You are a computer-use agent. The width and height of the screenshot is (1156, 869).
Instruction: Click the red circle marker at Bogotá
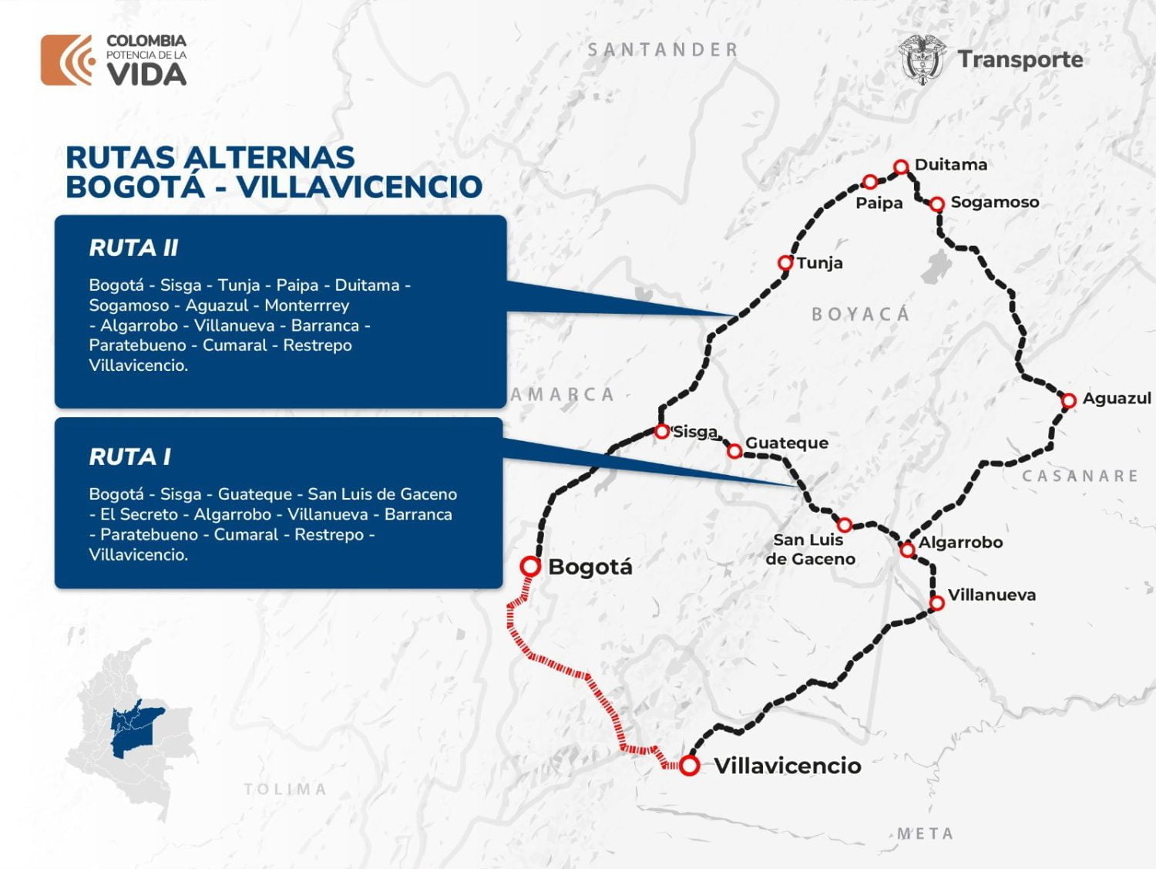click(530, 566)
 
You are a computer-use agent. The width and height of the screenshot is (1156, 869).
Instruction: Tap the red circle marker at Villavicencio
click(689, 765)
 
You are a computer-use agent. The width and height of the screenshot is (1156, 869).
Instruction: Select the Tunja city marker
click(785, 263)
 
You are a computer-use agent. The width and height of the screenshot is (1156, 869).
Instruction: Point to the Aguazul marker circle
click(1068, 400)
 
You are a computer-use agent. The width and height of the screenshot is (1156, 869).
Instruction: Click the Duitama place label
click(950, 165)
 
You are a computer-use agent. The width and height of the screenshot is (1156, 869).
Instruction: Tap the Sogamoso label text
click(994, 202)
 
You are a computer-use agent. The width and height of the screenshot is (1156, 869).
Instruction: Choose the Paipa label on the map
click(879, 204)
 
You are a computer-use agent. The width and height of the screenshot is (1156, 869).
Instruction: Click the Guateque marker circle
click(734, 450)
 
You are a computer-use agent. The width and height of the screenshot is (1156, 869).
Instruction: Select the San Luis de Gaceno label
click(810, 550)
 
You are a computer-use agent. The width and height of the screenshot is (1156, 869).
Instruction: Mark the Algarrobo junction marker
click(908, 549)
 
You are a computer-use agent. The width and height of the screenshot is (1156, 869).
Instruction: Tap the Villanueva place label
click(991, 595)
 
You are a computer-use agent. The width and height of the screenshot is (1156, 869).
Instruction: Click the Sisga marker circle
click(661, 431)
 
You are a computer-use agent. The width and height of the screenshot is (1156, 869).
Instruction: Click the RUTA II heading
click(133, 248)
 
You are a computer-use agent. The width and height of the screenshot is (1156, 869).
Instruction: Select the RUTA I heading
click(129, 457)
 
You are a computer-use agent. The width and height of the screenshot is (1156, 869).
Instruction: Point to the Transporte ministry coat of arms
click(922, 59)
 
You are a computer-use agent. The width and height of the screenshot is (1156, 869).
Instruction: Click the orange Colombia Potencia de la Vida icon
click(67, 59)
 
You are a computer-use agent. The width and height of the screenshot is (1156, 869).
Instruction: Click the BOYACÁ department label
click(861, 314)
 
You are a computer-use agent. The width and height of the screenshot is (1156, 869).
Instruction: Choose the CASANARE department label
click(1080, 477)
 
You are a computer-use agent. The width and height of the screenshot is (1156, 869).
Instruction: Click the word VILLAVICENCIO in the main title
click(359, 187)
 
